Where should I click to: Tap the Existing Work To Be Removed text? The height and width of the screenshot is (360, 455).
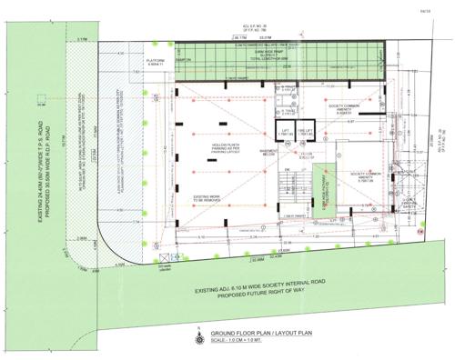211,196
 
